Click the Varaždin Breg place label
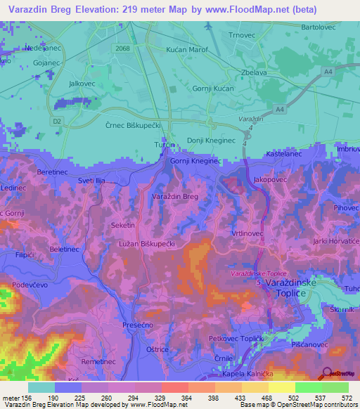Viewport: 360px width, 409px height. coord(176,197)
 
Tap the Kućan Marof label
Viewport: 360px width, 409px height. coord(186,51)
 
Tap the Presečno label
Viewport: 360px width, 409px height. coord(138,325)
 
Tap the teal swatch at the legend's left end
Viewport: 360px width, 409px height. coord(41,387)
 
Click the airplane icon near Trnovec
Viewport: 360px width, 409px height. coord(208,26)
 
